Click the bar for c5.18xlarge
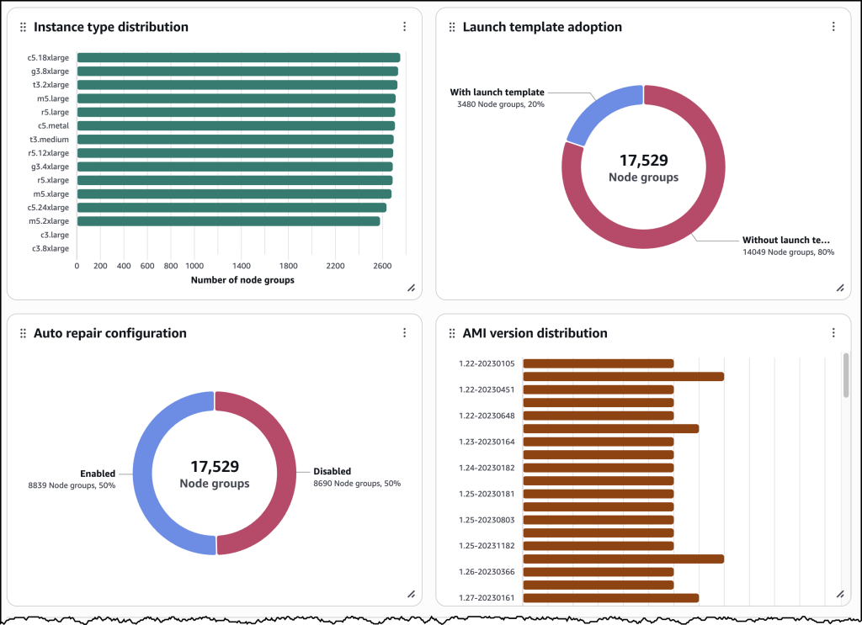tap(238, 58)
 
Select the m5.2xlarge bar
tap(228, 221)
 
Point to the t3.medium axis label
tap(49, 140)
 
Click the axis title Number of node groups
tap(242, 280)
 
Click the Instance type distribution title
tap(111, 27)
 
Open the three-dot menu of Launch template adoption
tap(833, 27)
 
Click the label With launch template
tap(497, 93)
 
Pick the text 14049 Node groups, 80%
tap(788, 252)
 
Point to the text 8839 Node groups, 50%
tap(72, 485)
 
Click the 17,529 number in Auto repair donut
tap(215, 466)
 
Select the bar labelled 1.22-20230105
tap(598, 363)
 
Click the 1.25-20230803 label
tap(486, 520)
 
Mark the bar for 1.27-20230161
tap(610, 598)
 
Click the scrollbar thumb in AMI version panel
tap(846, 373)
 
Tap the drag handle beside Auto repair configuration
tap(23, 334)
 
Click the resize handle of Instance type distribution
tap(411, 288)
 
